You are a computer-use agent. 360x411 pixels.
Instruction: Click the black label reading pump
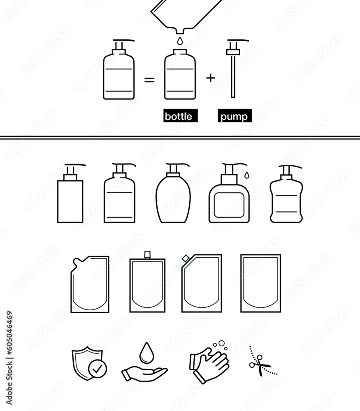(234, 116)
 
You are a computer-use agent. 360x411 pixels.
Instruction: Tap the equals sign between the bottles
(149, 80)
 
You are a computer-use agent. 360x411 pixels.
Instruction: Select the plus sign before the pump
(210, 78)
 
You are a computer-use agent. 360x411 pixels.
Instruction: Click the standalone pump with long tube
(233, 70)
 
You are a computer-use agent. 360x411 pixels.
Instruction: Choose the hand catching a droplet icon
(144, 364)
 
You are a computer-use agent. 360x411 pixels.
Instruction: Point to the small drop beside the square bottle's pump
(246, 175)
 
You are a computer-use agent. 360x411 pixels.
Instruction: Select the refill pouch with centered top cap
(147, 284)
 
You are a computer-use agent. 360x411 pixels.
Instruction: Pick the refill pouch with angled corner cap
(202, 284)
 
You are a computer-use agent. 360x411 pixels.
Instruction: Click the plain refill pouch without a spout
(260, 284)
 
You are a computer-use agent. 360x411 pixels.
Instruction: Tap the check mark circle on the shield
(98, 369)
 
